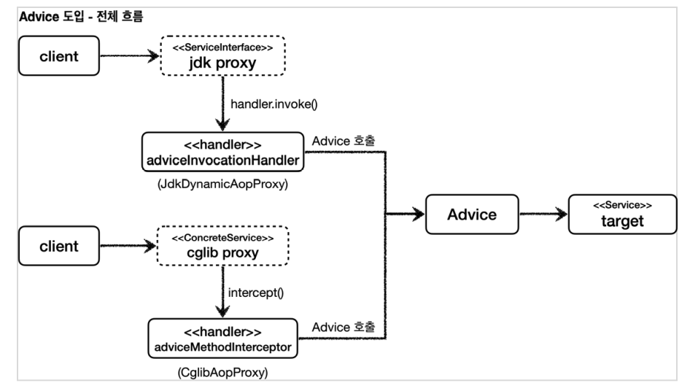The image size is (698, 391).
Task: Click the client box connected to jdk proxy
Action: (59, 55)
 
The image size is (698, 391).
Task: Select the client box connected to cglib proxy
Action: (59, 246)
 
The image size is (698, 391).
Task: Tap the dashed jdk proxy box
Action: (222, 55)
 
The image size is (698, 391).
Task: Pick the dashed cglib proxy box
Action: (222, 246)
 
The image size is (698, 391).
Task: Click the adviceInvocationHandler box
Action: (222, 152)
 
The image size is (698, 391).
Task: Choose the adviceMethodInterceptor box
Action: (222, 338)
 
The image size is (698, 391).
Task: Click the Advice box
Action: (472, 214)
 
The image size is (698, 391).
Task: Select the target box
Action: (622, 214)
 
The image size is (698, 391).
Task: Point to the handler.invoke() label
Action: (274, 104)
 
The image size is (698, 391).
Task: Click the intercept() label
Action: (255, 293)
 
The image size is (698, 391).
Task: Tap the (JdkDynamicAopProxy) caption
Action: (222, 184)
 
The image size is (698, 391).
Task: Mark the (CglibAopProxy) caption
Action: (222, 372)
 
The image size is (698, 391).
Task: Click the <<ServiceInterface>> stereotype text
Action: (222, 47)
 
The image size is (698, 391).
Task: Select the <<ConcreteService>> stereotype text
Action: (222, 238)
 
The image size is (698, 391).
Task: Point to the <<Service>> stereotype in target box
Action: (622, 205)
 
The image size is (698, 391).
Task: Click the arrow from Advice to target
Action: (543, 214)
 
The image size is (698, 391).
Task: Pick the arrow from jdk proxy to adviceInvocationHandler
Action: (222, 104)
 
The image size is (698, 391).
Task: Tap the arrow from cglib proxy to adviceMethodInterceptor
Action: (222, 292)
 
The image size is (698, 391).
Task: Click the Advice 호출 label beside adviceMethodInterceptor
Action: (344, 328)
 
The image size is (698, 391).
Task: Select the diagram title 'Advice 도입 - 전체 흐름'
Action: (81, 17)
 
